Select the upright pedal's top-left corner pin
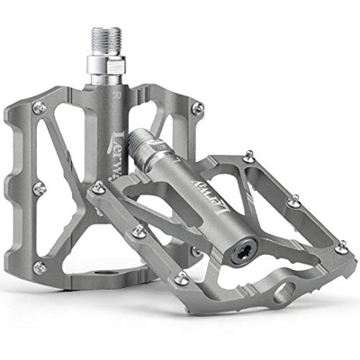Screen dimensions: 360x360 [38, 109]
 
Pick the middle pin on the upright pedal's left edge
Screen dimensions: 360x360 [38, 188]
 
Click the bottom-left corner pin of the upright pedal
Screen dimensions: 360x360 [39, 266]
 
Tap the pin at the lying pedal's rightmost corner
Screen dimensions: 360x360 [339, 246]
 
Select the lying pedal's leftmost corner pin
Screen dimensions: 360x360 [98, 187]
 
